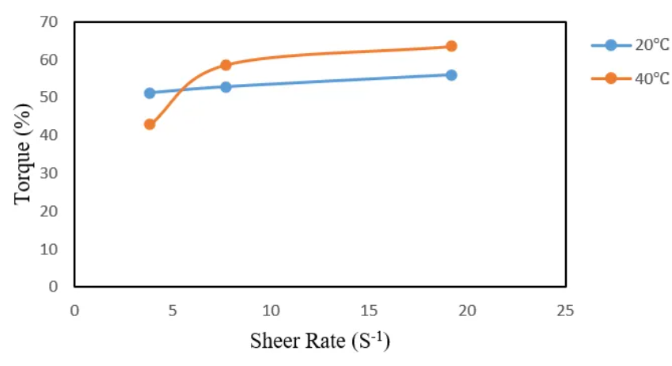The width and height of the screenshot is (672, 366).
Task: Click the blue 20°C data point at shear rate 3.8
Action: pos(150,93)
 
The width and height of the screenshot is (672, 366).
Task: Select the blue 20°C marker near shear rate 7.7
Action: pos(226,86)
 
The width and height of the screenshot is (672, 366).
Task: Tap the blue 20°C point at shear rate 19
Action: pos(451,74)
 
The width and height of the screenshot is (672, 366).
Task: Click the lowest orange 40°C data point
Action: pos(150,124)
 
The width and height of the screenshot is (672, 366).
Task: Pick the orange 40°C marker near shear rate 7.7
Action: pos(226,65)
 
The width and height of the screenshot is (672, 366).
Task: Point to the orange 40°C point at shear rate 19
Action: pos(451,46)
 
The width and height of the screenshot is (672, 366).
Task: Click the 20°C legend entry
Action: pos(630,45)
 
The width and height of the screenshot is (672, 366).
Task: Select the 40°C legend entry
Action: pos(630,78)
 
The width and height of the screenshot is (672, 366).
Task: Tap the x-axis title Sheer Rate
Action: pos(320,341)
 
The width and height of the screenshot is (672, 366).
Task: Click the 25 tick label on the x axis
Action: pos(564,309)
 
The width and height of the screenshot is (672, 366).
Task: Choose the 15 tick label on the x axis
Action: pos(368,309)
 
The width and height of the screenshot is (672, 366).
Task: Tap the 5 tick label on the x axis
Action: pos(173,309)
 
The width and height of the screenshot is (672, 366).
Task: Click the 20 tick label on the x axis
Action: pos(466,309)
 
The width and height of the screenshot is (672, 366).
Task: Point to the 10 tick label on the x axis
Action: pos(271,309)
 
